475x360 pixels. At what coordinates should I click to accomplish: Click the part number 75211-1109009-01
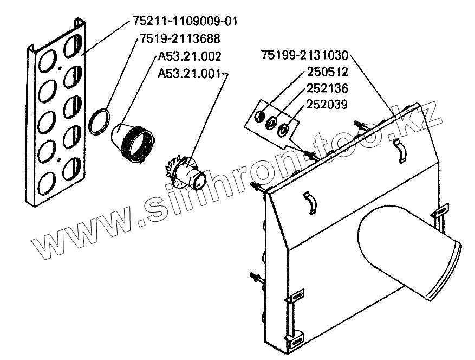185,22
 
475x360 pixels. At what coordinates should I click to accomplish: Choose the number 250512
327,72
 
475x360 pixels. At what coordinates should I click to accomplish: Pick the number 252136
327,88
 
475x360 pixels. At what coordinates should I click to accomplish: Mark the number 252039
327,104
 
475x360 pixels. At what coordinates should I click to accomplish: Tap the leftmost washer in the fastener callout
259,116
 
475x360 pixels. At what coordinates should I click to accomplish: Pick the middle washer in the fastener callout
271,123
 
